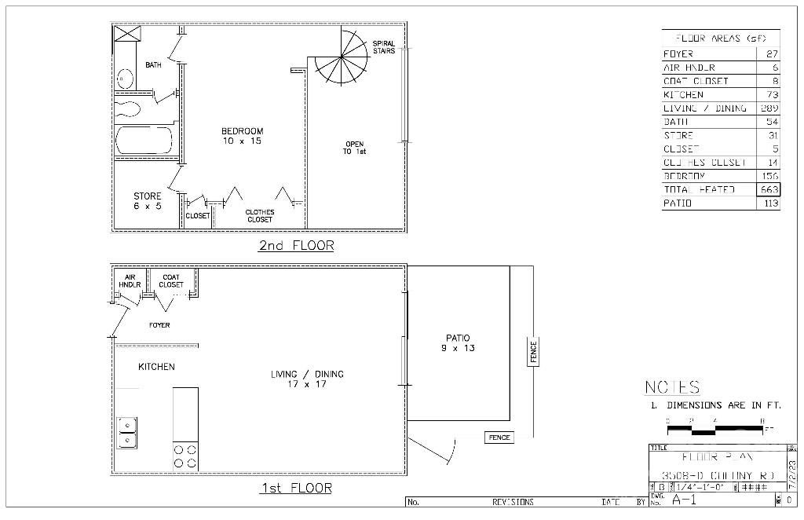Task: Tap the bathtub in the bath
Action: pyautogui.click(x=143, y=142)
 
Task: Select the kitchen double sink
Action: pyautogui.click(x=127, y=433)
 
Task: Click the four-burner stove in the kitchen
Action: pyautogui.click(x=185, y=456)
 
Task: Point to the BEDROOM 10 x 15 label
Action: pyautogui.click(x=242, y=136)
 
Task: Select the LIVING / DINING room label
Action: pyautogui.click(x=308, y=379)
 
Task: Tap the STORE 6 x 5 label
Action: pyautogui.click(x=147, y=201)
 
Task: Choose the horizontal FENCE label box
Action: pyautogui.click(x=499, y=438)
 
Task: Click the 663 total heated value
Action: pyautogui.click(x=769, y=189)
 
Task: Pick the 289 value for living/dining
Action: pyautogui.click(x=769, y=108)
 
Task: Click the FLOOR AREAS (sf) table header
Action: pyautogui.click(x=721, y=38)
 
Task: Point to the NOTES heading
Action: pyautogui.click(x=672, y=387)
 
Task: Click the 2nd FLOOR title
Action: pyautogui.click(x=296, y=246)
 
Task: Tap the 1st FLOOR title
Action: pyautogui.click(x=295, y=489)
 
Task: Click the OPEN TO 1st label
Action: pyautogui.click(x=354, y=148)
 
